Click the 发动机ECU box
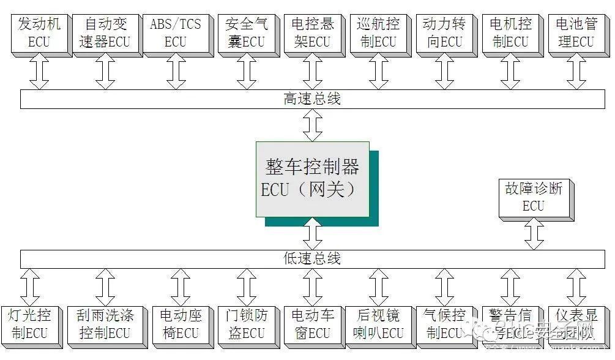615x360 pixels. click(39, 34)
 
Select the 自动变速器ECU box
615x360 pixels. click(105, 34)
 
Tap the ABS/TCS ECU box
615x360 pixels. click(176, 34)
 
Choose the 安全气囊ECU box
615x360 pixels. click(246, 34)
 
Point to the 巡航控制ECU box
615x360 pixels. click(378, 34)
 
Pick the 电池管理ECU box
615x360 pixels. click(575, 34)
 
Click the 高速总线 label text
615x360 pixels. click(312, 99)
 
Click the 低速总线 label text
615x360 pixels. click(312, 258)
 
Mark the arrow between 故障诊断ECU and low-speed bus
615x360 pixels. click(534, 234)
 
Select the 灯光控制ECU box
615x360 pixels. click(29, 324)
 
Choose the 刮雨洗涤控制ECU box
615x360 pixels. click(105, 324)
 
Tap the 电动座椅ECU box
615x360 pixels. click(180, 324)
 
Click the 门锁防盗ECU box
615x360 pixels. click(246, 324)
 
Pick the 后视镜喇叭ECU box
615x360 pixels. click(378, 324)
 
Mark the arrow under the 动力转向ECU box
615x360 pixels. click(444, 74)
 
